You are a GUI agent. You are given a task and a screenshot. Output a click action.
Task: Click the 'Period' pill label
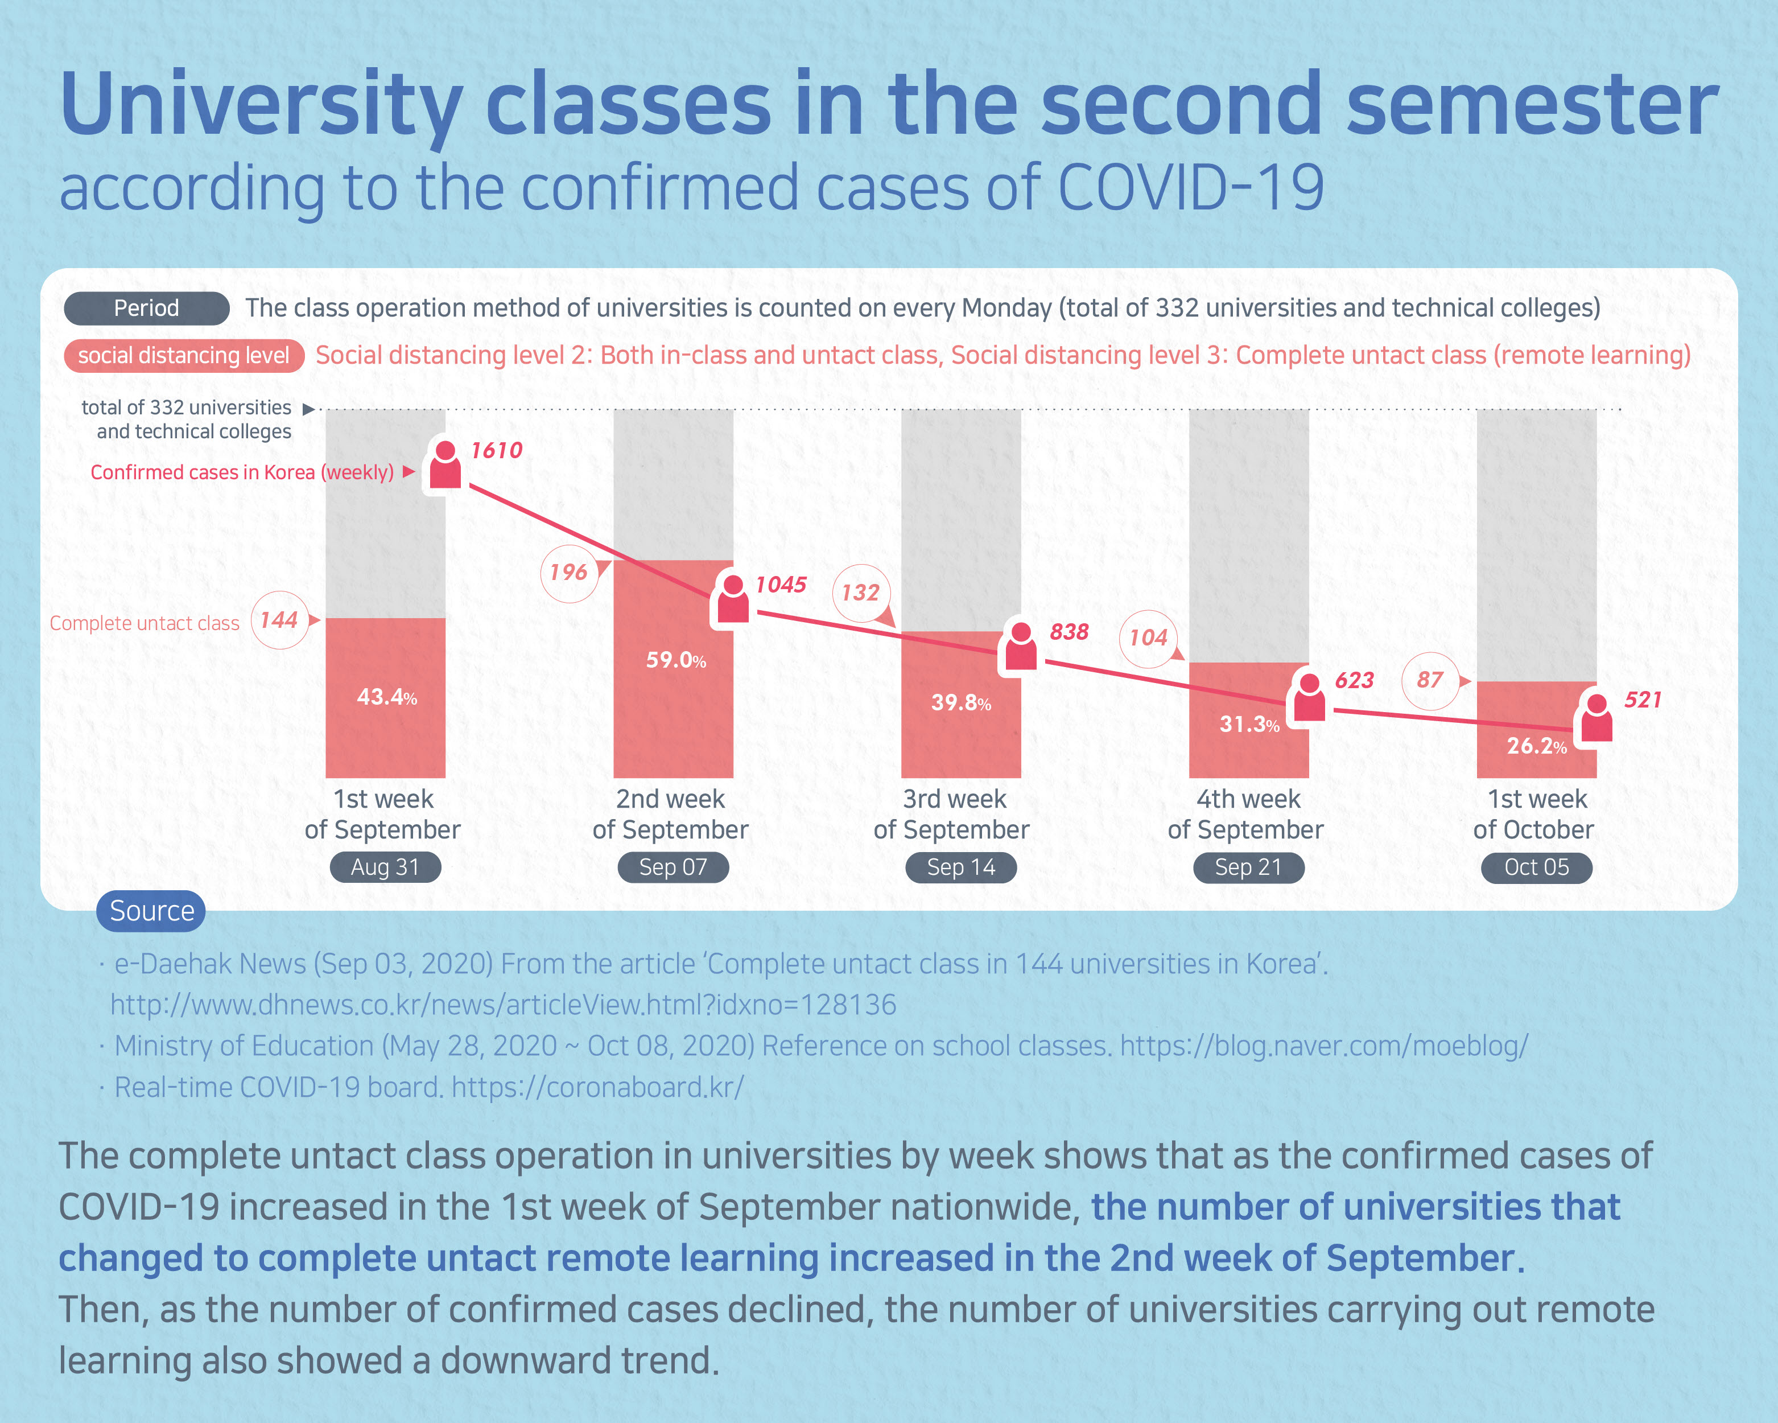point(146,308)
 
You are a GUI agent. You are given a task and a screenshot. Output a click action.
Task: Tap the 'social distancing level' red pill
point(183,356)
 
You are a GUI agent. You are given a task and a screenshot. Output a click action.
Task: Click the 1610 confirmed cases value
point(497,450)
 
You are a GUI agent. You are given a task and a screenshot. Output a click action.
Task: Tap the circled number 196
point(568,573)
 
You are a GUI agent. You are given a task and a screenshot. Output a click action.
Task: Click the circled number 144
point(279,620)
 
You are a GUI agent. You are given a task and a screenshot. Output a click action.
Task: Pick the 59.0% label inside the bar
point(675,660)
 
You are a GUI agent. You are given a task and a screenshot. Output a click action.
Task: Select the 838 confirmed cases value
point(1069,632)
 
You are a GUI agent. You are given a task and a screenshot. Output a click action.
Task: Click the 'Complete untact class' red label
point(145,624)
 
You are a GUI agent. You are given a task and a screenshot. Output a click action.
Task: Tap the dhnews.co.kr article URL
point(503,1005)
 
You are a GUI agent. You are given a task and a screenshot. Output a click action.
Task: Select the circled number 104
point(1148,638)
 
